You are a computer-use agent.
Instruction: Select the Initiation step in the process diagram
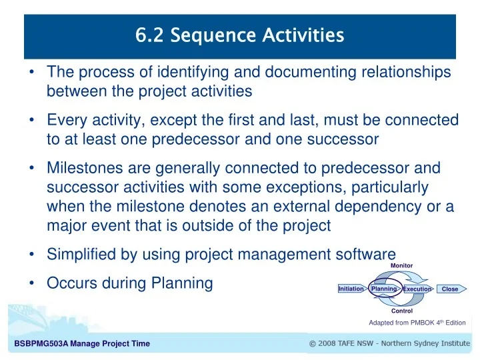click(351, 289)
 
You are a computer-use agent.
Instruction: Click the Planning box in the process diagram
click(384, 289)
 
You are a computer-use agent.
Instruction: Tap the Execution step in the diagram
click(417, 289)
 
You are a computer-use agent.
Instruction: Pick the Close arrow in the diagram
click(450, 289)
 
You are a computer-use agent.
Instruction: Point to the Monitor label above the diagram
click(401, 265)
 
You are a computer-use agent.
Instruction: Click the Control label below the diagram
click(401, 311)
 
